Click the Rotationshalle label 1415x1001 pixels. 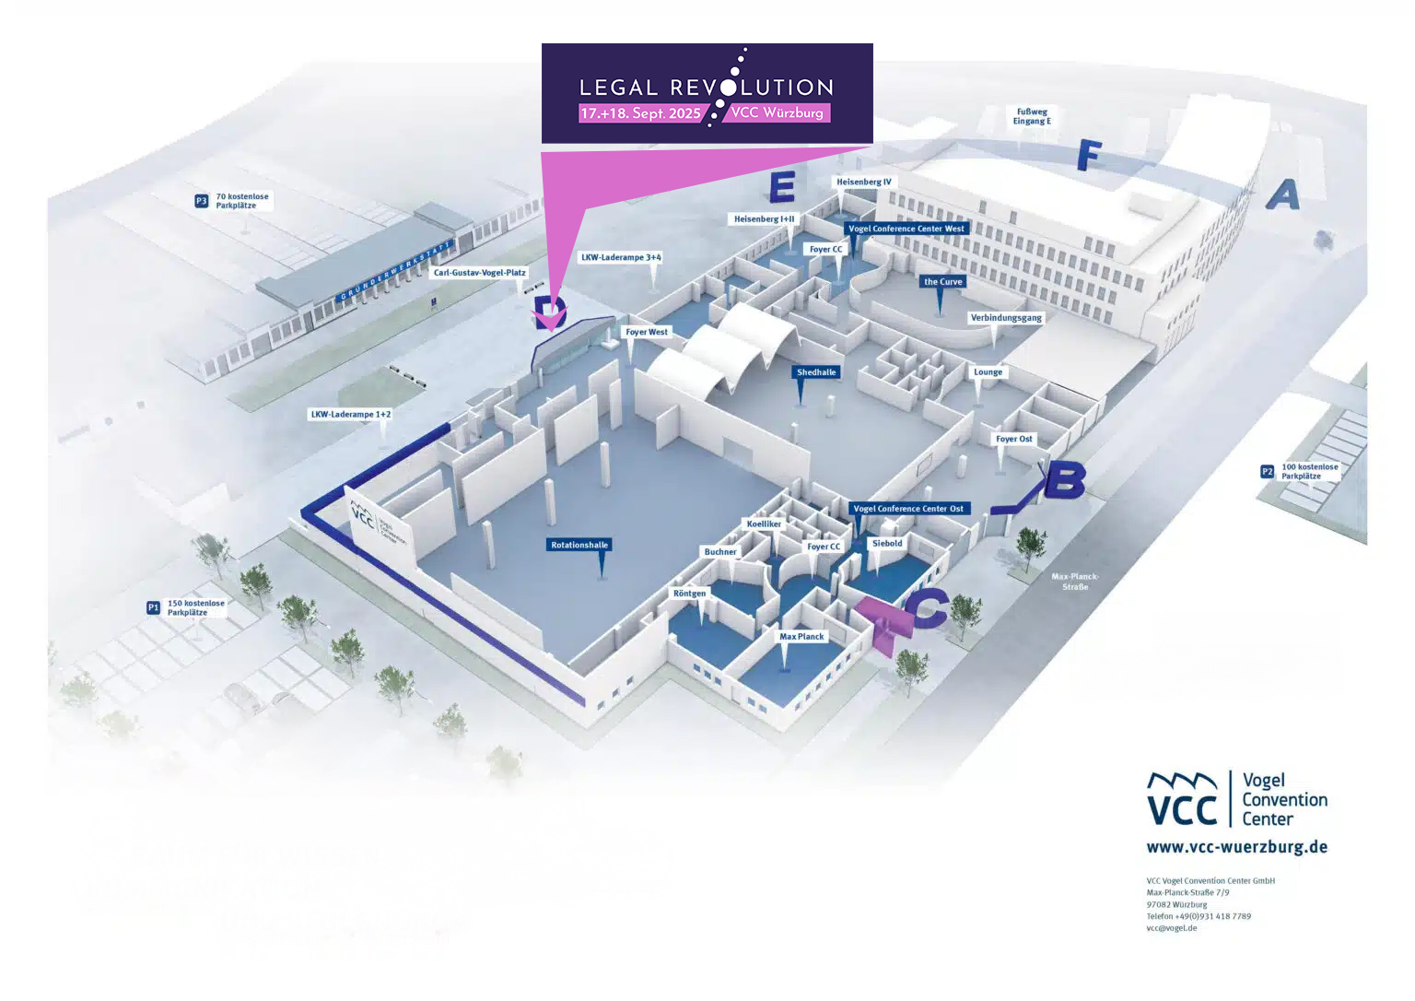(x=579, y=545)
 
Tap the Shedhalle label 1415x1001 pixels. (x=816, y=372)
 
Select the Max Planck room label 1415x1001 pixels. (x=801, y=637)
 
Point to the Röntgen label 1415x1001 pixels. (x=689, y=594)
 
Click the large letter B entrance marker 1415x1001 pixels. (x=1064, y=480)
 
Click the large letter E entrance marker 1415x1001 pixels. (x=782, y=187)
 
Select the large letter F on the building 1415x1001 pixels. (x=1090, y=156)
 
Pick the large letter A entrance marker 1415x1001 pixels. (x=1283, y=194)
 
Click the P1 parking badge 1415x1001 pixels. (x=154, y=607)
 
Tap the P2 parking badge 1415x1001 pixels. (x=1268, y=472)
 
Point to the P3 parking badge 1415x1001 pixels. (x=202, y=201)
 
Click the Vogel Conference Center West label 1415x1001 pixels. (x=906, y=229)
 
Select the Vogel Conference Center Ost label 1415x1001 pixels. (x=908, y=509)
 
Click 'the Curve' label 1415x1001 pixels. (x=942, y=282)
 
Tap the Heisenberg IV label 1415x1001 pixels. (x=864, y=182)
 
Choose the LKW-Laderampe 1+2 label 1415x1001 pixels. (x=351, y=415)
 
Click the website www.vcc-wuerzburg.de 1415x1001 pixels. (x=1236, y=847)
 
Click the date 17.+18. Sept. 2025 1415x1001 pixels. (x=640, y=113)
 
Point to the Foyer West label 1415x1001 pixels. (x=647, y=332)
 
